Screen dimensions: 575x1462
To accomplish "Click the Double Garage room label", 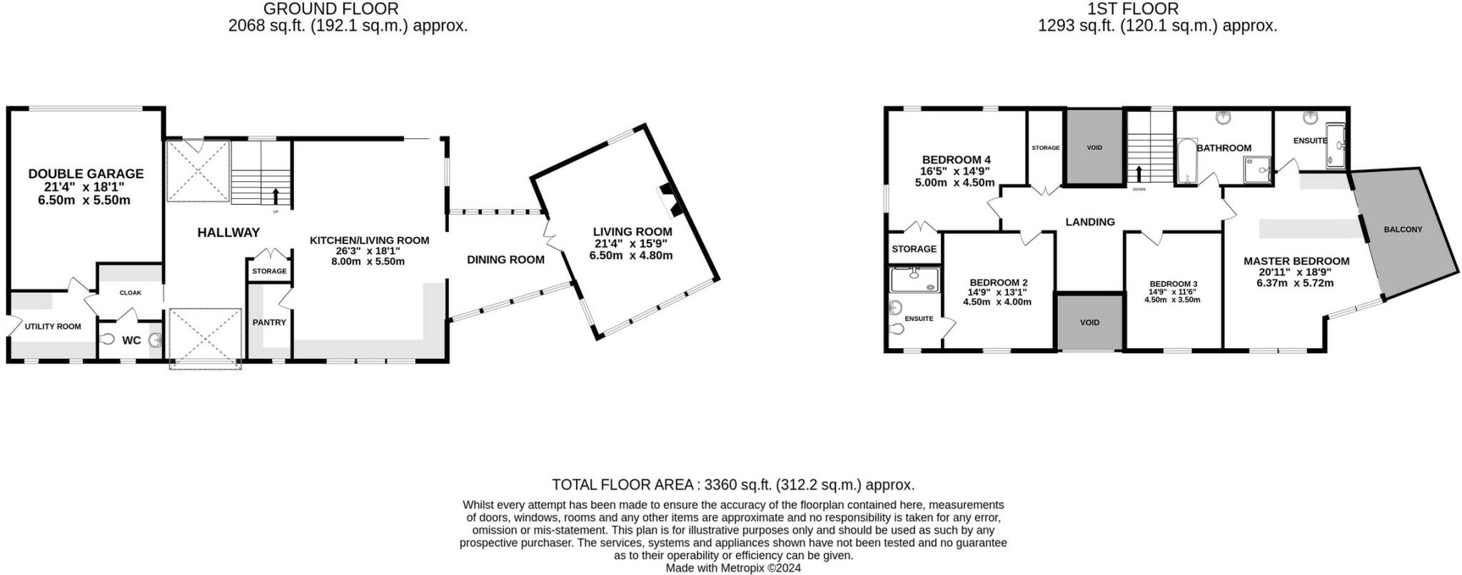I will point(86,173).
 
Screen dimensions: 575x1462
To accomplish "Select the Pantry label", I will point(269,322).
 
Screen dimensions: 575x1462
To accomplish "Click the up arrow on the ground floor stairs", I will point(276,195).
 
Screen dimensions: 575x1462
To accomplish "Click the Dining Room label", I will point(505,260).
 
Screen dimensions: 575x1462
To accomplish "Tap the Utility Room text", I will point(53,327).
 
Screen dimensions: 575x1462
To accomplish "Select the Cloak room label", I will point(131,292).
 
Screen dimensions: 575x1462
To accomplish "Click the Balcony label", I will point(1403,230).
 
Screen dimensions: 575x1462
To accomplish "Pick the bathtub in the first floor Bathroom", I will point(1185,163).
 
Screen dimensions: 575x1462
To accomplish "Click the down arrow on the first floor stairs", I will point(1139,173).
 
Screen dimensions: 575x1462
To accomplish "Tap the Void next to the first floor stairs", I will point(1094,148).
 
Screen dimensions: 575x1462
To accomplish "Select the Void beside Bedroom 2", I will point(1089,322).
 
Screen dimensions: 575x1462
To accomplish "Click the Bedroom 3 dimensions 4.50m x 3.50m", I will point(1172,300).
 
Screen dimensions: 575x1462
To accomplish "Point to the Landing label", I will point(1089,222).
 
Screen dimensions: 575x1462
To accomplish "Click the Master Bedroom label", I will point(1296,261).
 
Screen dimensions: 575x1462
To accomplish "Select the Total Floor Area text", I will point(733,485).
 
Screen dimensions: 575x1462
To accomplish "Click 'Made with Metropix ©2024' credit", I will point(733,569).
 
